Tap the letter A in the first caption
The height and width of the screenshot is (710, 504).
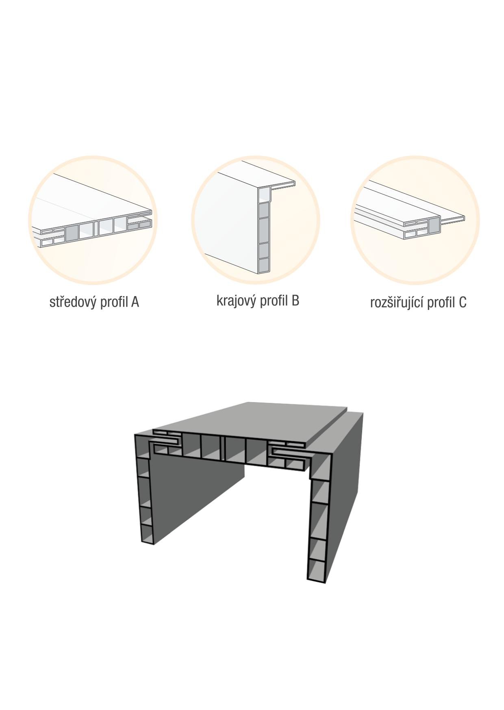click(x=135, y=302)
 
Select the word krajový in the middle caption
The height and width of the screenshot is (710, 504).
click(x=236, y=301)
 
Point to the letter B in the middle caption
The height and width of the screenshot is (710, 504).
click(x=295, y=301)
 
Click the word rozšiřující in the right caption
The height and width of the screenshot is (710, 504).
click(x=397, y=303)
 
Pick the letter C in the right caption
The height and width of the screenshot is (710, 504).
click(x=463, y=303)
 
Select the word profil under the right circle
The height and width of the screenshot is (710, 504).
click(x=441, y=303)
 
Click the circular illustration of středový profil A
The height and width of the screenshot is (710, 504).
click(x=93, y=220)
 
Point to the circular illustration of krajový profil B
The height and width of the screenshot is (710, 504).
click(x=256, y=220)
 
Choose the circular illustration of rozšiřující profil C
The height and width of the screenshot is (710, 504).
click(x=415, y=220)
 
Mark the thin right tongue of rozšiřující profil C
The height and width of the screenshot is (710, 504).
click(x=452, y=220)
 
